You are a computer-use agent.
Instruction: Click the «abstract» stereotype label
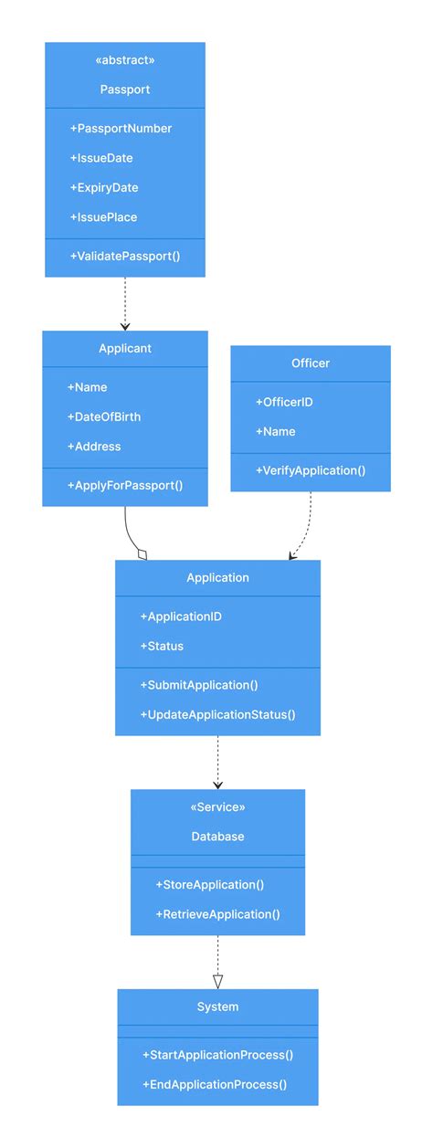(125, 60)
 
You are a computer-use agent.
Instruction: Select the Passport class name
(125, 90)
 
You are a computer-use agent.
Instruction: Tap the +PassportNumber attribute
(121, 129)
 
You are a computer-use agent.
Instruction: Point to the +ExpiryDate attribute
(103, 187)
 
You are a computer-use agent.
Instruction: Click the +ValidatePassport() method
(124, 257)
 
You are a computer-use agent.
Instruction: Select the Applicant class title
(125, 349)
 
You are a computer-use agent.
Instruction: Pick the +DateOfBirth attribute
(103, 416)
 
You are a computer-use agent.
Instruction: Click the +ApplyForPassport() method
(125, 486)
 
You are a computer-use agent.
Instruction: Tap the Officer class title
(311, 363)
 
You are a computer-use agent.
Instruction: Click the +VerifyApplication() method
(311, 470)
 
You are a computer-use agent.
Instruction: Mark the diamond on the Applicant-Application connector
(142, 553)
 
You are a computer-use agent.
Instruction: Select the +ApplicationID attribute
(180, 616)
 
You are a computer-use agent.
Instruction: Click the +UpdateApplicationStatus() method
(217, 714)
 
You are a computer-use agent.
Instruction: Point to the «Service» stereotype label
(217, 807)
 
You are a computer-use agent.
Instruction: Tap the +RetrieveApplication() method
(217, 914)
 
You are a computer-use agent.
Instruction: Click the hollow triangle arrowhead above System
(217, 981)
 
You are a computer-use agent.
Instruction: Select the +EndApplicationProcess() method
(215, 1084)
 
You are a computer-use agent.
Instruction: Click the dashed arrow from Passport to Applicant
(125, 301)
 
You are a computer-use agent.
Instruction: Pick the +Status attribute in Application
(162, 646)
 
